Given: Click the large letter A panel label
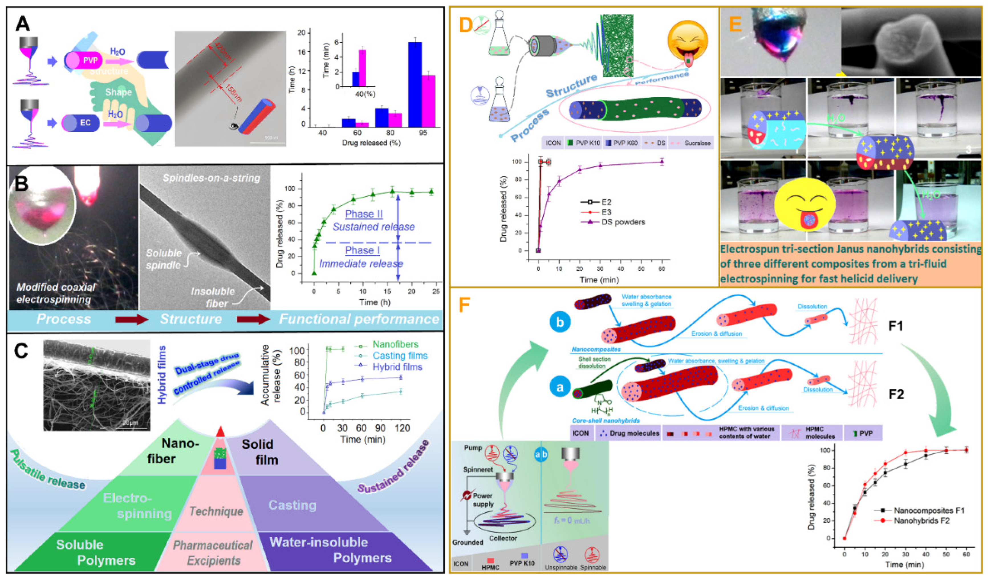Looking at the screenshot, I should (x=22, y=24).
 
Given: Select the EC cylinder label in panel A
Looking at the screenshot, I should (x=85, y=123).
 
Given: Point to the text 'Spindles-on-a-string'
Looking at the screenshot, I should (x=211, y=178).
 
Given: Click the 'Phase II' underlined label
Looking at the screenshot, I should (x=363, y=214).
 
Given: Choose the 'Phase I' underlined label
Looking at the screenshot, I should (x=362, y=250).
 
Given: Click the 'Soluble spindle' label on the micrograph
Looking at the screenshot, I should (x=164, y=259).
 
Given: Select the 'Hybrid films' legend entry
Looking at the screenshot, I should (x=397, y=367).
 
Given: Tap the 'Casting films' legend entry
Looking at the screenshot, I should (x=399, y=356).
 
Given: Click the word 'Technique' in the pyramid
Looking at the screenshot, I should (x=216, y=511).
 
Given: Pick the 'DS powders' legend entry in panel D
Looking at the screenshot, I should (x=623, y=222).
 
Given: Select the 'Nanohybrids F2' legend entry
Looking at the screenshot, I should (x=921, y=521).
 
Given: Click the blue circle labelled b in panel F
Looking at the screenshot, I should (x=560, y=322).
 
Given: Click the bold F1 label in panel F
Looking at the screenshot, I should (x=895, y=326).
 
